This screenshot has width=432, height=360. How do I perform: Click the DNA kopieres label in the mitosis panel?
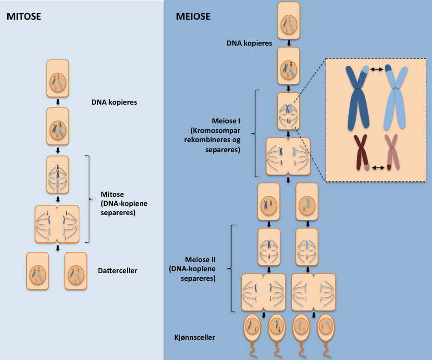click(114, 102)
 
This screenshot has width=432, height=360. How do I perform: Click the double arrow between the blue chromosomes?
click(376, 70)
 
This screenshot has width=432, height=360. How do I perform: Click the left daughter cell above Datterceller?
click(37, 271)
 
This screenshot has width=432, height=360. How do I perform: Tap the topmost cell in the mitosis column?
click(58, 78)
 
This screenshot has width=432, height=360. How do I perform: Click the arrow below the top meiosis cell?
click(288, 43)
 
